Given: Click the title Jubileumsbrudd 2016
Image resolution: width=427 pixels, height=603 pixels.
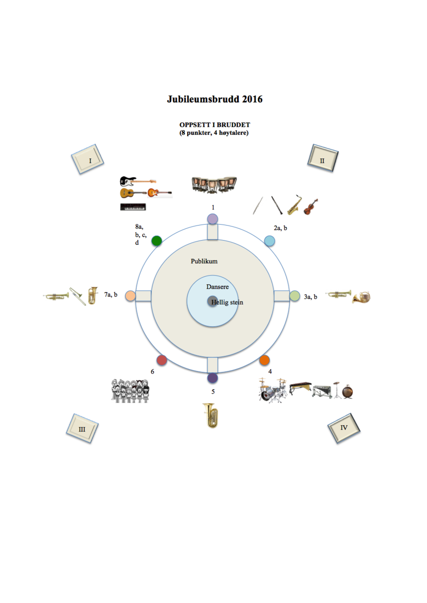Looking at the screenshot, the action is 214,99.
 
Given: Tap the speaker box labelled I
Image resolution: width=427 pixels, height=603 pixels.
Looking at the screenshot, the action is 88,159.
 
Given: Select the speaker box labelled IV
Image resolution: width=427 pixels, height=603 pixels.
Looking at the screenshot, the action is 344,428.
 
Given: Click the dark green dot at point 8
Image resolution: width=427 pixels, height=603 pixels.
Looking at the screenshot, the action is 156,241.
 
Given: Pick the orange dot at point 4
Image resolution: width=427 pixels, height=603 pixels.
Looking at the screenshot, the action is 264,360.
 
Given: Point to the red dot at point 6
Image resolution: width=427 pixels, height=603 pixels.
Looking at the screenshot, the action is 162,360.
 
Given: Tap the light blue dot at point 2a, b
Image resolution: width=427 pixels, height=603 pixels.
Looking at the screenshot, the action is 269,241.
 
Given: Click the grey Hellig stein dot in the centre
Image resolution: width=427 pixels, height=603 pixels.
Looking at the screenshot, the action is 212,301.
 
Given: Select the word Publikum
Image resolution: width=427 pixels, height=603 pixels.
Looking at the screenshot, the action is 204,261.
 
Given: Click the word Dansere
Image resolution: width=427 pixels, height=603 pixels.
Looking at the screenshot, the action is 217,286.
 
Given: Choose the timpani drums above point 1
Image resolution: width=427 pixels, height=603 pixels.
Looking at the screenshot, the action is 214,185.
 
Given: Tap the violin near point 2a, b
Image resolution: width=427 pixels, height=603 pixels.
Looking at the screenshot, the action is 310,207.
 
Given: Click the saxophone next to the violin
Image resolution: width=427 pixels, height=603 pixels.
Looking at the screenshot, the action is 294,205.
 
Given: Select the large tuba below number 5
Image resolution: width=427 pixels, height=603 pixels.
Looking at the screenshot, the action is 210,415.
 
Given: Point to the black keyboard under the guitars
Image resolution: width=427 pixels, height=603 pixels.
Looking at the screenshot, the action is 133,207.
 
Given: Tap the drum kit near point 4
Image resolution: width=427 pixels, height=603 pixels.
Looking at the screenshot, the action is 273,390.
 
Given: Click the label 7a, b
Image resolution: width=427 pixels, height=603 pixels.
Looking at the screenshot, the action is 111,295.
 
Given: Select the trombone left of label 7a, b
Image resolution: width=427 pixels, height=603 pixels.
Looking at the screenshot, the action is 78,296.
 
